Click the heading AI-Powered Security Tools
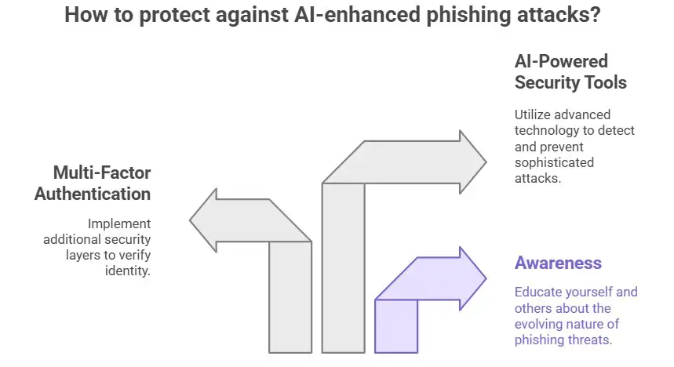tap(570, 71)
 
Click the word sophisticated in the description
tap(554, 162)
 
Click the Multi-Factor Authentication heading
tap(93, 183)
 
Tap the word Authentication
tap(93, 193)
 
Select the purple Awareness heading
tap(558, 263)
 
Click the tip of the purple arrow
tap(486, 278)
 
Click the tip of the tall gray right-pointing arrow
tap(486, 162)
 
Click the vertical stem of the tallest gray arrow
tap(344, 267)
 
